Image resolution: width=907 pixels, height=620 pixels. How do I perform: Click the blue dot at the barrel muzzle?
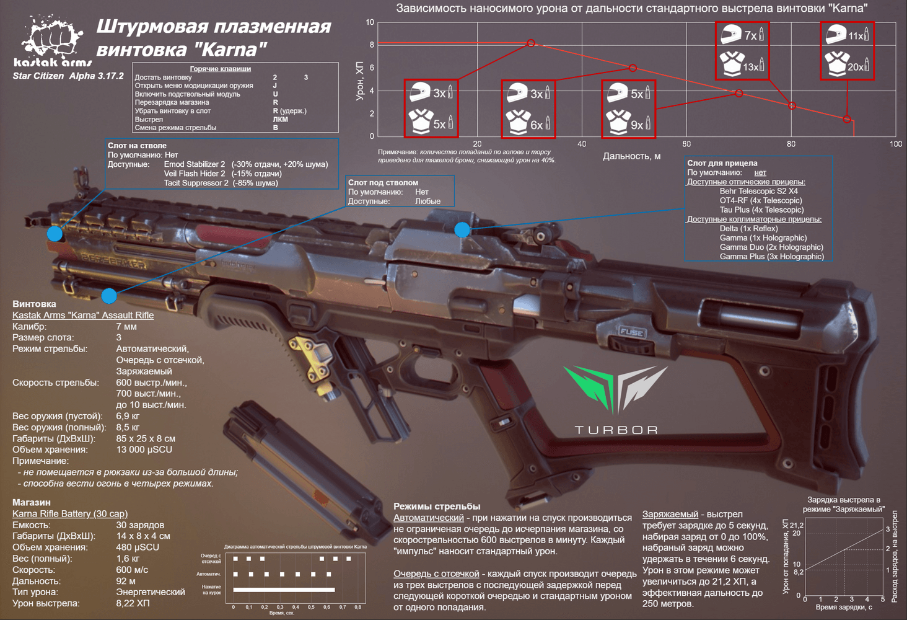click(55, 234)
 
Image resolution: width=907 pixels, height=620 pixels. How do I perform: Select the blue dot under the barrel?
click(109, 296)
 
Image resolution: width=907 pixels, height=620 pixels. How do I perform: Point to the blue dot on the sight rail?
click(462, 230)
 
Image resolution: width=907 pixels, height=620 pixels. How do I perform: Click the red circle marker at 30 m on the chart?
click(531, 43)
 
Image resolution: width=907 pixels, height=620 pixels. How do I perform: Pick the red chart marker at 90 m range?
click(847, 119)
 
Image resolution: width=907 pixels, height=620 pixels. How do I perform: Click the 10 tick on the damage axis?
click(370, 22)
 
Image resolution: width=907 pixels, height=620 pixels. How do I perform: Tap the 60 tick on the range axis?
click(686, 144)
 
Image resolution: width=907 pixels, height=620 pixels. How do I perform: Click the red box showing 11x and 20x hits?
click(847, 51)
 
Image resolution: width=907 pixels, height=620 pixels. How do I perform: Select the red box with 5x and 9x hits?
click(628, 109)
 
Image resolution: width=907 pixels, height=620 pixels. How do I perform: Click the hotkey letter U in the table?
click(275, 94)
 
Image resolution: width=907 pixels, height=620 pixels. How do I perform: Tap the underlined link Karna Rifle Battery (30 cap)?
click(70, 513)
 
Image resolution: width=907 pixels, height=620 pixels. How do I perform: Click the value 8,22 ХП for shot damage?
click(133, 603)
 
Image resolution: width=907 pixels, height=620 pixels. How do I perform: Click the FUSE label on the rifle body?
click(632, 333)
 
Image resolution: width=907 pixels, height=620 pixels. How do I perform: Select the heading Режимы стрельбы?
click(437, 507)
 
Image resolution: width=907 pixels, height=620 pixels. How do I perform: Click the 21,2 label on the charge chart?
click(796, 525)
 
